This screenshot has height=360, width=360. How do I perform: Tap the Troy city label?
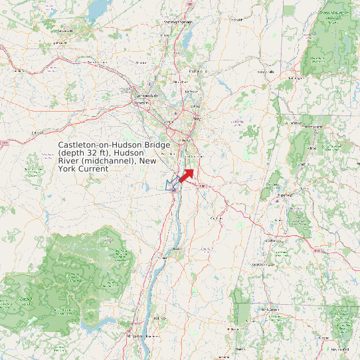pos(196,118)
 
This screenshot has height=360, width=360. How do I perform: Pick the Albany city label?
pos(185,140)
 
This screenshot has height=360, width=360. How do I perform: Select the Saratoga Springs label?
pos(179,22)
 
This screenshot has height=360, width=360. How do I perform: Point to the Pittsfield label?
pos(285,196)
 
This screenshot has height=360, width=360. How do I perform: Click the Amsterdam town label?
pos(98,62)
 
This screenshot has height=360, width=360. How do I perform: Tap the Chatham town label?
pos(215,218)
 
